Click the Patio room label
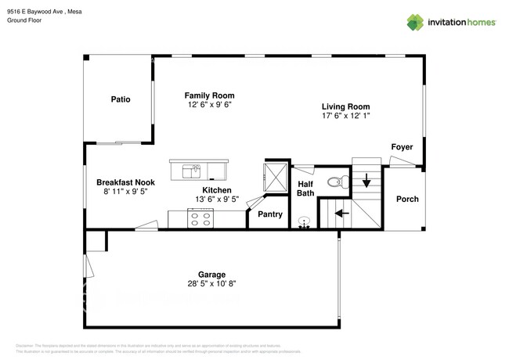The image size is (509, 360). (120, 99)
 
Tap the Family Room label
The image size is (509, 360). (209, 95)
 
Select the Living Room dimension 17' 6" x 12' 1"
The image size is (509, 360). (345, 116)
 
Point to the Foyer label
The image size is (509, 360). (402, 147)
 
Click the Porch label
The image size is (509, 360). (407, 199)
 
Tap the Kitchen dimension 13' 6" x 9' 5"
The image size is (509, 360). (217, 200)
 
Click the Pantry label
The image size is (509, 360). (270, 214)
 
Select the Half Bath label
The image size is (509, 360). (305, 188)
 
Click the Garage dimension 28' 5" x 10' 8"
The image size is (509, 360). (211, 284)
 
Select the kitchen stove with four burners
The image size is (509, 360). (200, 218)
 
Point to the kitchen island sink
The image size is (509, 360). (192, 170)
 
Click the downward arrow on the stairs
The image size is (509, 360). (366, 182)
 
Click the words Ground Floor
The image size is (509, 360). (24, 21)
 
